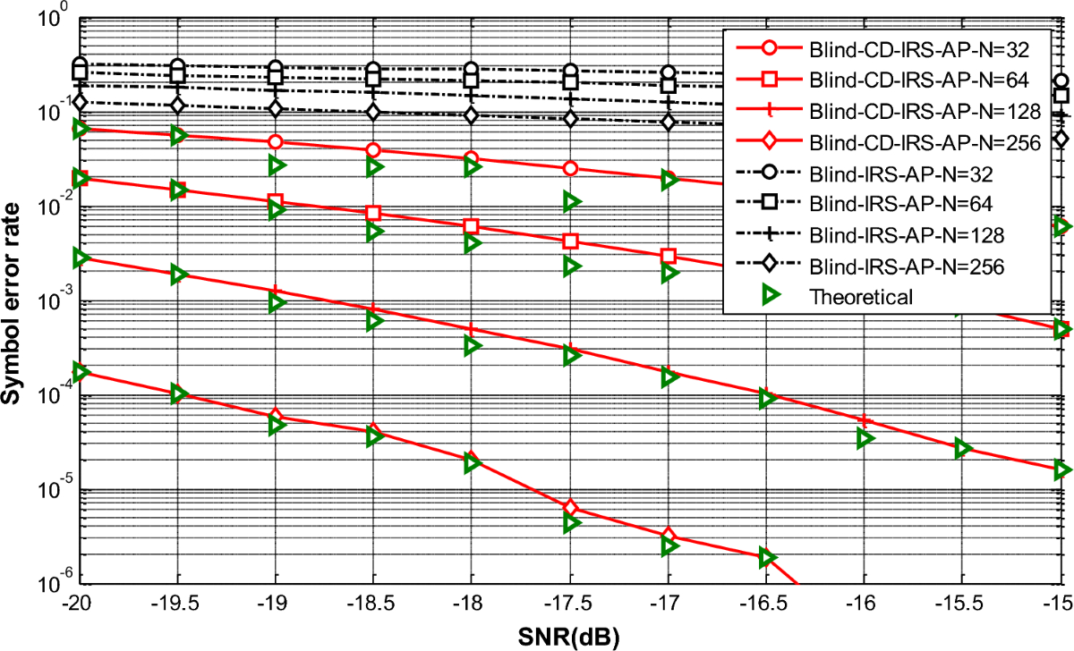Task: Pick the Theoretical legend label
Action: (x=860, y=296)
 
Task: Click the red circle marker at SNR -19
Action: (x=276, y=142)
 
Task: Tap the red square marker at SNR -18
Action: (x=472, y=225)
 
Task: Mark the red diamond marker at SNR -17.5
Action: (x=570, y=508)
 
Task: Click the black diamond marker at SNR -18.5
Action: (x=373, y=112)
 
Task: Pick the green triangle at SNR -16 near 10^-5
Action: (x=865, y=438)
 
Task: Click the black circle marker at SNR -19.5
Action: (x=177, y=66)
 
